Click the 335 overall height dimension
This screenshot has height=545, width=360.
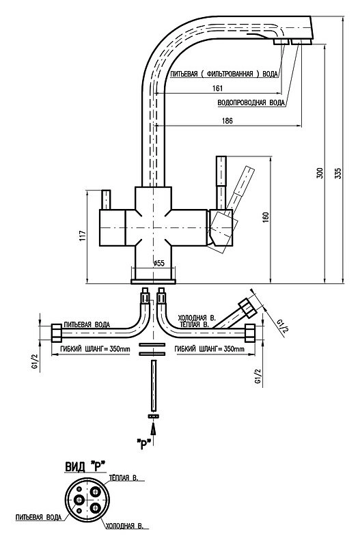[x=337, y=173]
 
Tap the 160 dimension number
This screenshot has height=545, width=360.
[x=266, y=217]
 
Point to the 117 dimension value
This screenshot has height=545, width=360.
[x=82, y=237]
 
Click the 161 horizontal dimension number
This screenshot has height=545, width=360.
[x=217, y=88]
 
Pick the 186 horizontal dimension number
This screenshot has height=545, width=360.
[x=227, y=121]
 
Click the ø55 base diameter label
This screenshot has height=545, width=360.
[x=158, y=263]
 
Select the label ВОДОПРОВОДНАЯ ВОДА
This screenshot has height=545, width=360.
[x=251, y=103]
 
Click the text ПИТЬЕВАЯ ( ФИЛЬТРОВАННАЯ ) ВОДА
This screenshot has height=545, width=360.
[x=224, y=74]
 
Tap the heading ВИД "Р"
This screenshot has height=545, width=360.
[x=85, y=466]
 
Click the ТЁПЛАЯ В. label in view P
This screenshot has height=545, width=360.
[x=124, y=478]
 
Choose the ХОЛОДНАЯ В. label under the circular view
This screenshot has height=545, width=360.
[x=124, y=526]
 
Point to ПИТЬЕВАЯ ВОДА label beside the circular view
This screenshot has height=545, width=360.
[x=38, y=517]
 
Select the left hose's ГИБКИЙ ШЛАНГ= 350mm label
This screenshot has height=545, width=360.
[x=91, y=348]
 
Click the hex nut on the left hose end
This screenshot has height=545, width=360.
[x=57, y=333]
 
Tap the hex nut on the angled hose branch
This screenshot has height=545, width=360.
[x=247, y=307]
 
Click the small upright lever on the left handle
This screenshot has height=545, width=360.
[x=106, y=199]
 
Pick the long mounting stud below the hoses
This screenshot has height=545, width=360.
[x=154, y=385]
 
